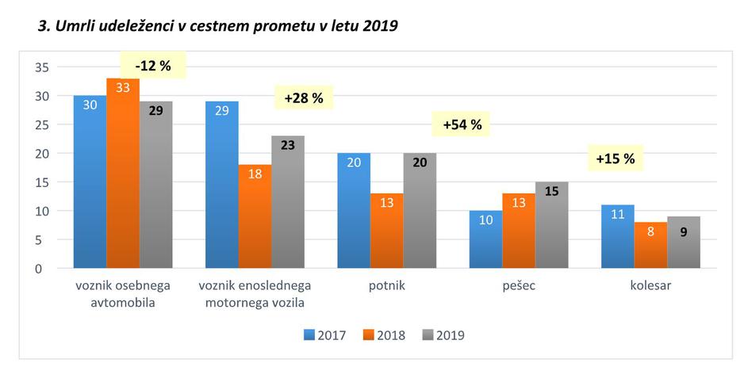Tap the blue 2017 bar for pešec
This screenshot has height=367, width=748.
[485, 239]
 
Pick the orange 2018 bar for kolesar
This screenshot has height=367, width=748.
[650, 245]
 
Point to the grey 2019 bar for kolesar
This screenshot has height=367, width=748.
[683, 243]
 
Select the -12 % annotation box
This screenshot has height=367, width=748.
[152, 66]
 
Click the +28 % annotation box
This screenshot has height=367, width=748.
[303, 98]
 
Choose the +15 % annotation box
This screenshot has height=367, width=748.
[616, 159]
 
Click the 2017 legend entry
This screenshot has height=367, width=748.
[324, 335]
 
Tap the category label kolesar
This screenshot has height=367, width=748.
[650, 286]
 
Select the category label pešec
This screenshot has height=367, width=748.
[518, 286]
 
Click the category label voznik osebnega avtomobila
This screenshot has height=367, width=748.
[123, 293]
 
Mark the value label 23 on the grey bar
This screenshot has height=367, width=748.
[287, 145]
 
